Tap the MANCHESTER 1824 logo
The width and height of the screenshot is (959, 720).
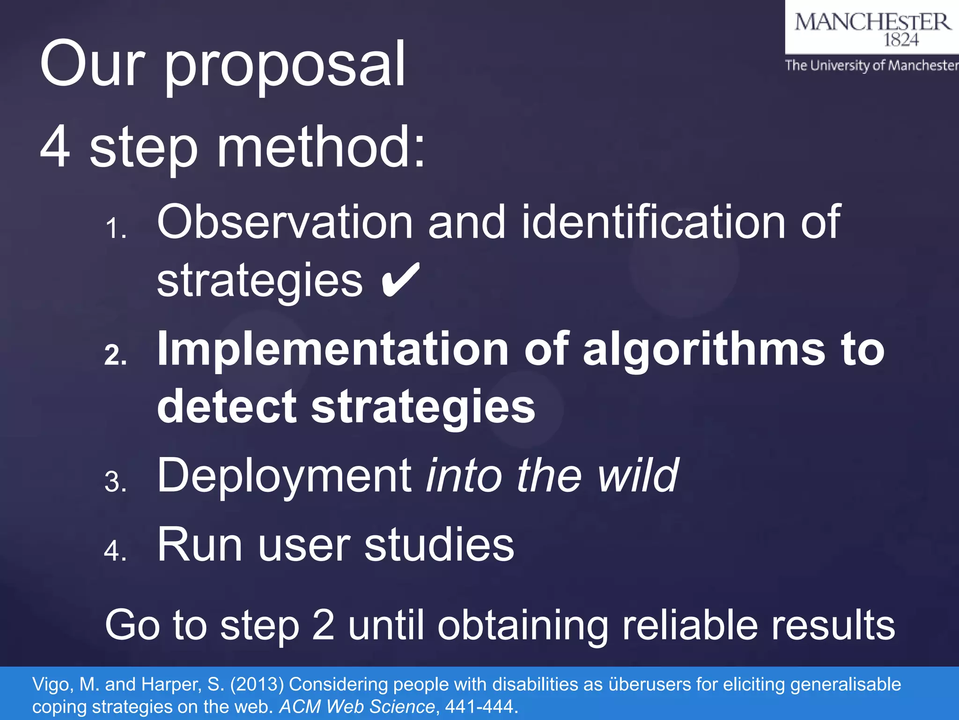pyautogui.click(x=872, y=28)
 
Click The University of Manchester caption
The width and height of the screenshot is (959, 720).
pyautogui.click(x=871, y=65)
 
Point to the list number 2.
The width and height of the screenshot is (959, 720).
pyautogui.click(x=115, y=355)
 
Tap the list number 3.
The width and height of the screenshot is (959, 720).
pyautogui.click(x=115, y=482)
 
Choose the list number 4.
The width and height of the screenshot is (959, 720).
pyautogui.click(x=115, y=551)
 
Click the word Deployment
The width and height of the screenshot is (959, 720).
pyautogui.click(x=284, y=476)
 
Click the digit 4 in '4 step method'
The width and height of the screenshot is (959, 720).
pyautogui.click(x=55, y=147)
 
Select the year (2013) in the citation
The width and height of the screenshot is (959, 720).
pyautogui.click(x=257, y=684)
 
